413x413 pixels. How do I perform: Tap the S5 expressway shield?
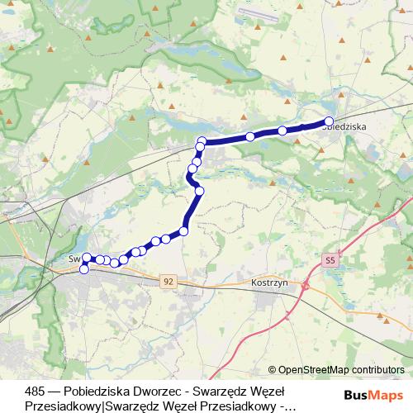coord(330,260)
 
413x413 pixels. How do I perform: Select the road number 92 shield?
coord(169,282)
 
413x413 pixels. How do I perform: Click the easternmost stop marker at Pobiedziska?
coord(329,121)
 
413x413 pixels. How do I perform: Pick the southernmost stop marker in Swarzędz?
coord(83,269)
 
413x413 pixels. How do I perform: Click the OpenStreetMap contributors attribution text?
coord(340,370)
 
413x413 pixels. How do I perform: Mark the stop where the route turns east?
coord(202,141)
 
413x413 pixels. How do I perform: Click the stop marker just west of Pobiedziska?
coord(282,131)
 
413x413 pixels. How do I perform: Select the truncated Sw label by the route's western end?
coord(74,258)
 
